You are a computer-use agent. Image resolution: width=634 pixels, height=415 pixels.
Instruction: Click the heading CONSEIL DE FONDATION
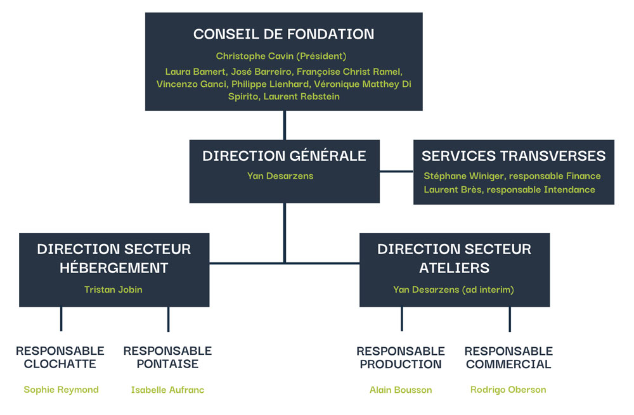(x=283, y=34)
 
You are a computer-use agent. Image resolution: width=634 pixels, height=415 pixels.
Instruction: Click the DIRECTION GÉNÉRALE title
(x=284, y=156)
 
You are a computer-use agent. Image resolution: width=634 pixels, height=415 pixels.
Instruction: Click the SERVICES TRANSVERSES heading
(x=514, y=156)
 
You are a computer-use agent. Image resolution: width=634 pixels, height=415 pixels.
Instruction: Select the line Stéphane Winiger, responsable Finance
(x=512, y=176)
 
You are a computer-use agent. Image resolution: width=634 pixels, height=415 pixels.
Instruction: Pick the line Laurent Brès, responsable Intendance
(x=509, y=189)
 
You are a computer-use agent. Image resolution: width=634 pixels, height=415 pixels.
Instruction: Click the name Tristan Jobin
(x=113, y=290)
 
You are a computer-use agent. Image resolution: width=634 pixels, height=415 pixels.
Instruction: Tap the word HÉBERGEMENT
(x=114, y=268)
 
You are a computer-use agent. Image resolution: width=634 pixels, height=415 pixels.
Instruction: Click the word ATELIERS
(x=454, y=268)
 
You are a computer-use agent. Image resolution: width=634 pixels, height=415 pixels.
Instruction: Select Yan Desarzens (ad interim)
(x=453, y=290)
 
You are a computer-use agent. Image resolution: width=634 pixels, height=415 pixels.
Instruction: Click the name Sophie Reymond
(x=61, y=390)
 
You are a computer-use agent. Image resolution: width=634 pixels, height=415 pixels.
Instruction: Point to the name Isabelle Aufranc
(x=167, y=390)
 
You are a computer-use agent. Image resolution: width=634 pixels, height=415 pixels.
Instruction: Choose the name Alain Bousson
(x=401, y=390)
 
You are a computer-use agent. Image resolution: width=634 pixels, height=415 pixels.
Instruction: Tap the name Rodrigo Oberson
(x=508, y=390)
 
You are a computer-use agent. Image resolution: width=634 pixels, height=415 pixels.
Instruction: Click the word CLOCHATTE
(x=60, y=364)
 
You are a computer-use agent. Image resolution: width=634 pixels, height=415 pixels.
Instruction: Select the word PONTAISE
(x=167, y=364)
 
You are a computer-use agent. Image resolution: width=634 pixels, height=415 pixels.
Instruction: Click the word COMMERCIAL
(x=508, y=364)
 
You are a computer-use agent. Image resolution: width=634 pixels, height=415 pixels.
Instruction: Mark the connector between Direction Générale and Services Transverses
(x=396, y=171)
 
